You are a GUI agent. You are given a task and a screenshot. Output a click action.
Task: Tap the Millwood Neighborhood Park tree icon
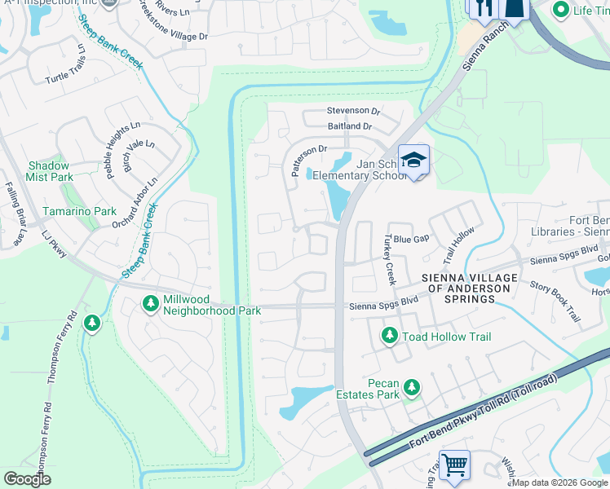click(x=150, y=304)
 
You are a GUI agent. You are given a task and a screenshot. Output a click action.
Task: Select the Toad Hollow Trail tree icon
click(x=390, y=335)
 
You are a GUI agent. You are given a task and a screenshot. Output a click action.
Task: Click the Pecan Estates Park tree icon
click(x=413, y=387)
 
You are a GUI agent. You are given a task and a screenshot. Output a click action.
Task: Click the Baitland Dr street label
click(x=349, y=126)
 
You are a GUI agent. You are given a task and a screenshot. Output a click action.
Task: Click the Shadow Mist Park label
click(x=51, y=171)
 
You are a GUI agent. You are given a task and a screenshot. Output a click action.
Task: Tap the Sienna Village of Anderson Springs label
click(x=469, y=289)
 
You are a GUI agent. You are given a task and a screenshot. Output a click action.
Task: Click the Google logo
click(x=27, y=479)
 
